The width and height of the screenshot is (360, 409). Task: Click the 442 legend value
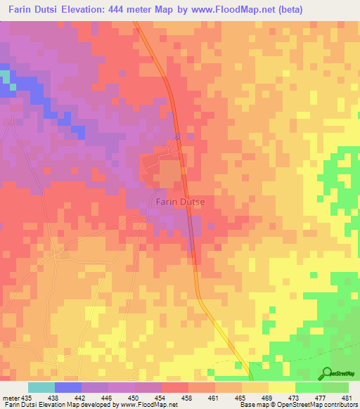point(82,397)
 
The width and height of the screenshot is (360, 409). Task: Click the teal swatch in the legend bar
point(41,387)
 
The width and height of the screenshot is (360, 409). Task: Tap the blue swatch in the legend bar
point(68,387)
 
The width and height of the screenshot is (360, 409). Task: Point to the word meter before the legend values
point(10,397)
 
